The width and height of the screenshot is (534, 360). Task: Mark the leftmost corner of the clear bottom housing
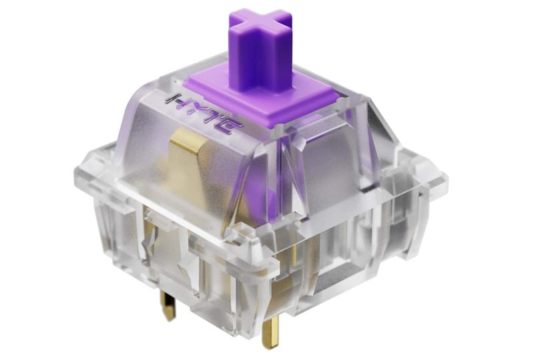pos(75,175)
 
